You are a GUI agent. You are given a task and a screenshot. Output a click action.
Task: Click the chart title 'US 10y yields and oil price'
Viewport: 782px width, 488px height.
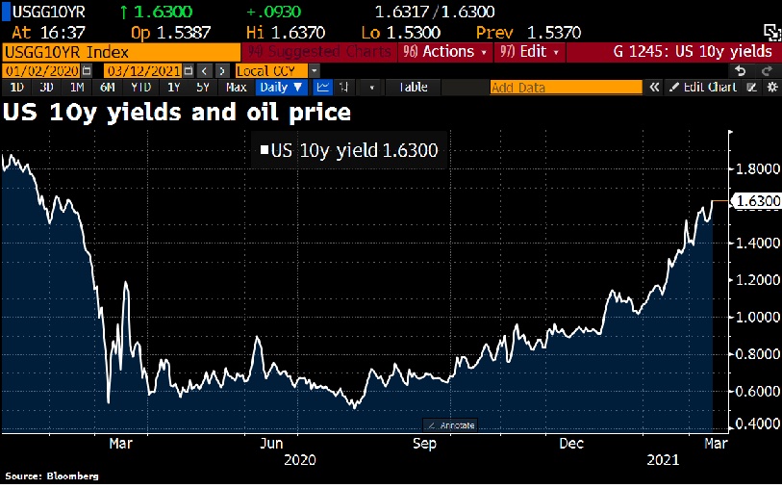pos(177,112)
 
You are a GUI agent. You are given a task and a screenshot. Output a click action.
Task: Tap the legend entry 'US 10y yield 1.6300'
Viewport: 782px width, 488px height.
pos(350,150)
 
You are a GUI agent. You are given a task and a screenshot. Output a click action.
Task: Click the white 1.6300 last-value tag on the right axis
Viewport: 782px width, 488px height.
pos(756,201)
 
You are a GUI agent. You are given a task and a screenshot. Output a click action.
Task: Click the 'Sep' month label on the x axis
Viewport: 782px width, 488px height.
pos(424,444)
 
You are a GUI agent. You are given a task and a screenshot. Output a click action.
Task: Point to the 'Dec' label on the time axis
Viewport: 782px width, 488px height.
pos(572,444)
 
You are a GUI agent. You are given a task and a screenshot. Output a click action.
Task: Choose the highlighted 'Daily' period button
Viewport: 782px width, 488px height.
pos(281,88)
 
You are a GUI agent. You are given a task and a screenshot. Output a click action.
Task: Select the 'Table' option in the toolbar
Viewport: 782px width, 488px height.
pos(413,88)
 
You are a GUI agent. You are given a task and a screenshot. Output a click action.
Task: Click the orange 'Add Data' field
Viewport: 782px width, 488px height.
pos(566,88)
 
